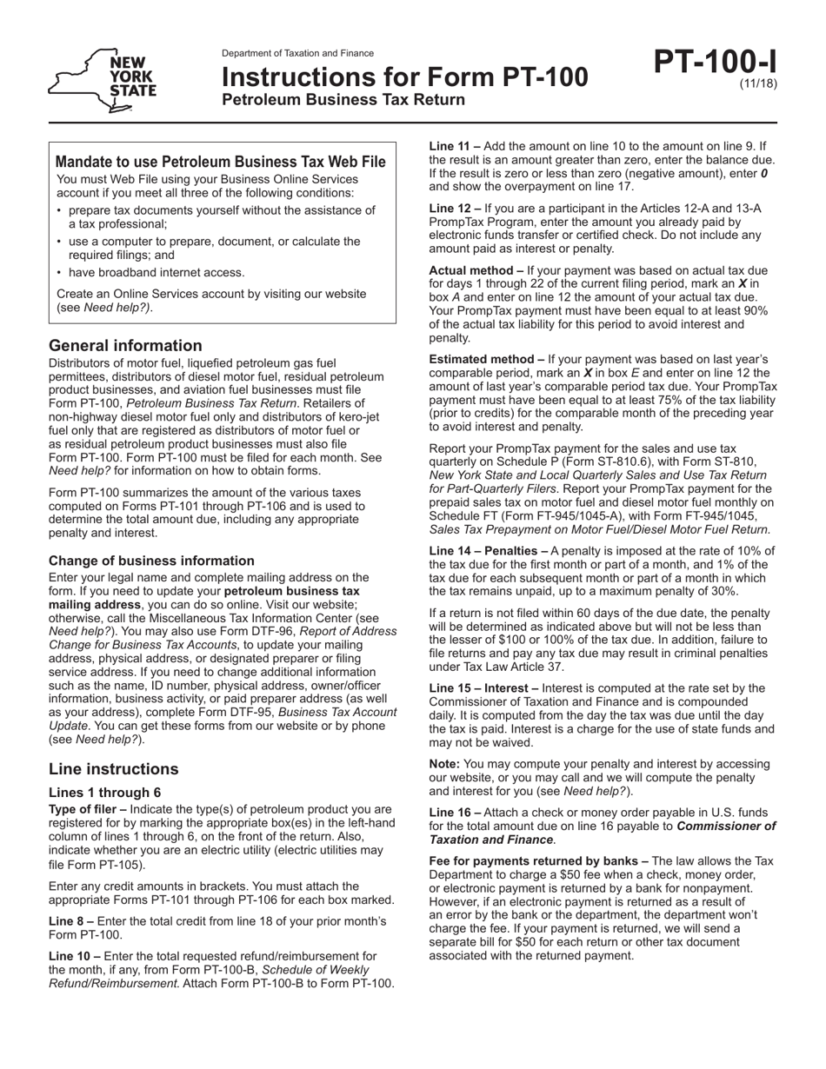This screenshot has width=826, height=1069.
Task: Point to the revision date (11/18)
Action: click(x=758, y=84)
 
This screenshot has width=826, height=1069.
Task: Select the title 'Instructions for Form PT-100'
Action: click(x=404, y=78)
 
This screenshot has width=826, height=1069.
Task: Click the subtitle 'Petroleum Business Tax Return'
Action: click(x=343, y=100)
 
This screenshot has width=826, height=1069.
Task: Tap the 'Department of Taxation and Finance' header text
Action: click(x=297, y=53)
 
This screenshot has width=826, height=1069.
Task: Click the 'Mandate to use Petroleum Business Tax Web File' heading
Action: click(x=221, y=162)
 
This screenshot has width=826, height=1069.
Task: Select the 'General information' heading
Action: click(x=125, y=345)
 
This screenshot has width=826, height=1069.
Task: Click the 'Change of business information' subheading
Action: click(x=151, y=561)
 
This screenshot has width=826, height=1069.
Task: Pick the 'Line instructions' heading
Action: click(x=114, y=769)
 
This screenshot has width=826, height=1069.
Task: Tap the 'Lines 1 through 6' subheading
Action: click(x=104, y=792)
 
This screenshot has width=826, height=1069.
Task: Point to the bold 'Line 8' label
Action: click(x=70, y=920)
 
